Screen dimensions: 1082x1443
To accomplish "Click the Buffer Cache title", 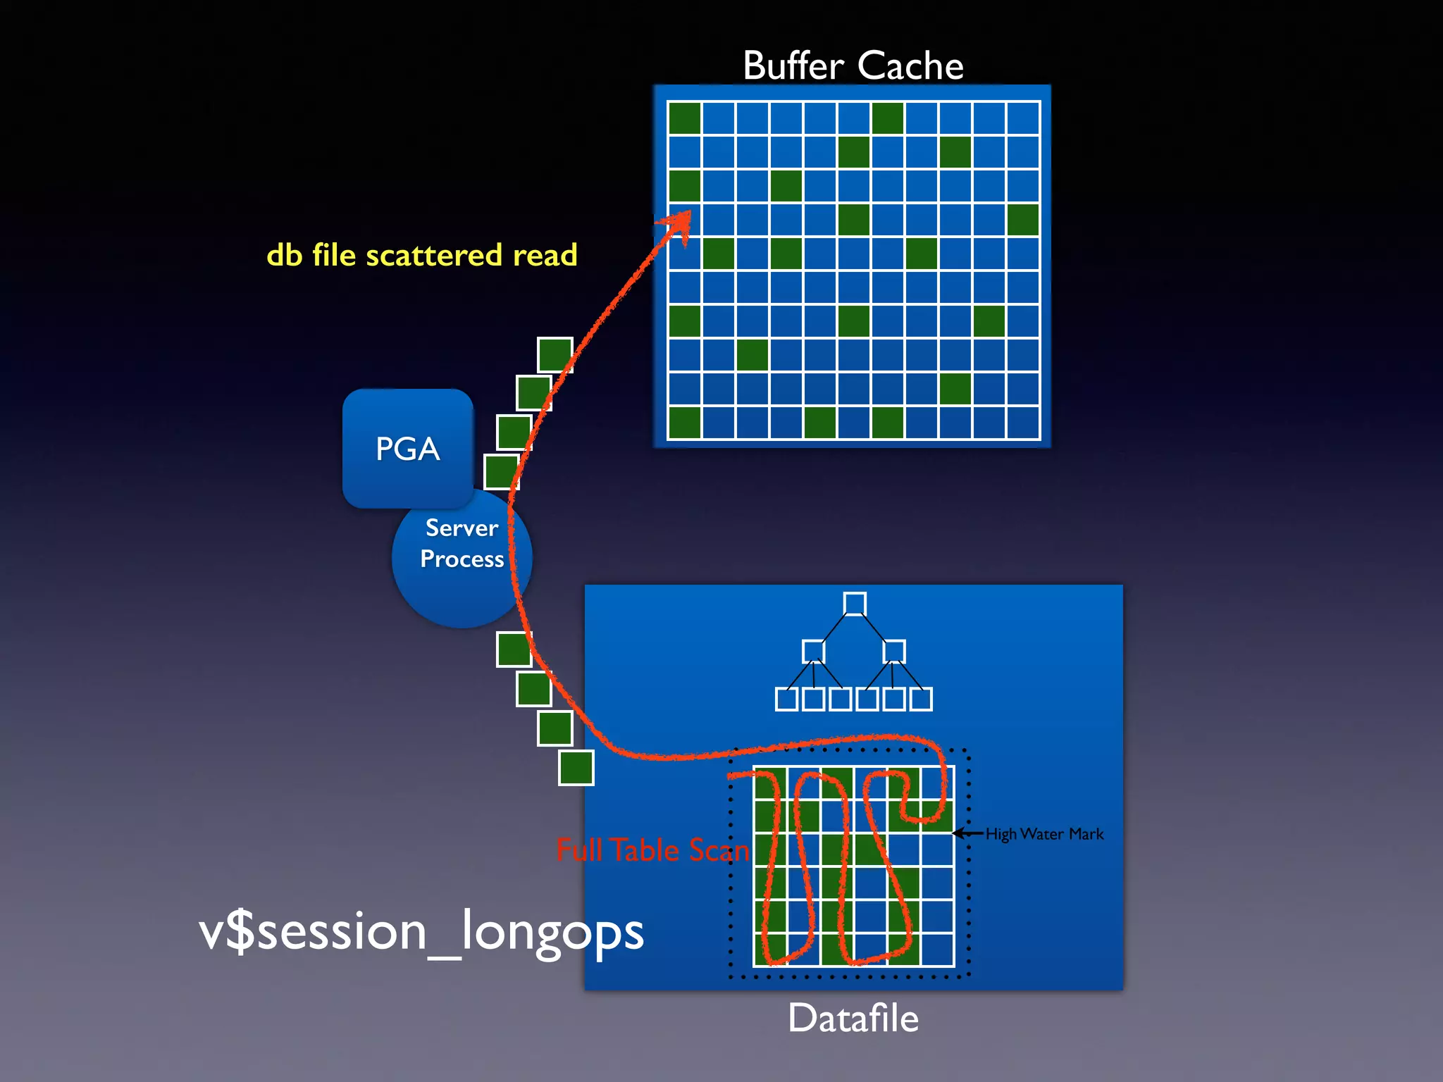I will click(x=853, y=66).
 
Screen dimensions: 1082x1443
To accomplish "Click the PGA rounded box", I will click(x=407, y=448).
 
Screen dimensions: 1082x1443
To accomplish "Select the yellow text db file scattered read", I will click(x=421, y=255).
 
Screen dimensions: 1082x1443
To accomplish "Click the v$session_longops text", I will click(x=421, y=931).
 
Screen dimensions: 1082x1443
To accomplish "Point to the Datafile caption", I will click(x=853, y=1019).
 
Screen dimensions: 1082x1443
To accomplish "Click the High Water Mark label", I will click(x=1044, y=834).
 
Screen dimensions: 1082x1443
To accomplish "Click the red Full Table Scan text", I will click(x=652, y=850).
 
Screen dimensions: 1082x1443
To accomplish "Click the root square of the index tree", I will click(x=854, y=604).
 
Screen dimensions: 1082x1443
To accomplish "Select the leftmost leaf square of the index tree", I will click(x=786, y=699).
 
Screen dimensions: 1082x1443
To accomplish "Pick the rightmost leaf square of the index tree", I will click(x=920, y=699).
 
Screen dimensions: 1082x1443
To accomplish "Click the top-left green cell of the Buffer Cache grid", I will click(x=684, y=118).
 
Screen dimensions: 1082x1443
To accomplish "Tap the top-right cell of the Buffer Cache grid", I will click(x=1023, y=118).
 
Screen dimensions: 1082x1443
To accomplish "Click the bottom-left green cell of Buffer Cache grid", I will click(x=684, y=423).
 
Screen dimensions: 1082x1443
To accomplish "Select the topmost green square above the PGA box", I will click(x=555, y=354).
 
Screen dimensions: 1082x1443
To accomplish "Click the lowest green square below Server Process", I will click(x=576, y=767).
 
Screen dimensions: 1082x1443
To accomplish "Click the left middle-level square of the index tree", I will click(x=813, y=651).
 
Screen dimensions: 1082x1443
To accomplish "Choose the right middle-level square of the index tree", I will click(x=893, y=651).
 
